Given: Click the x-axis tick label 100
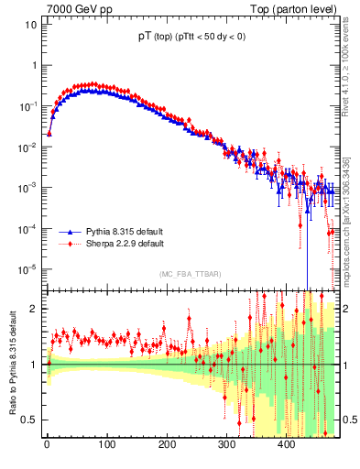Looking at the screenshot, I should click(x=107, y=445).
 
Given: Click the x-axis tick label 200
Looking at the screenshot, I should click(x=167, y=445).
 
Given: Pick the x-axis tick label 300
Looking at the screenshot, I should click(x=226, y=445).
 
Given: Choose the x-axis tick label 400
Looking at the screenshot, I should click(x=287, y=445).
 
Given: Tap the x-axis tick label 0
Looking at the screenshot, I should click(x=47, y=445).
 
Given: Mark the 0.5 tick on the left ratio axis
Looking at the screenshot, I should click(x=28, y=420).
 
